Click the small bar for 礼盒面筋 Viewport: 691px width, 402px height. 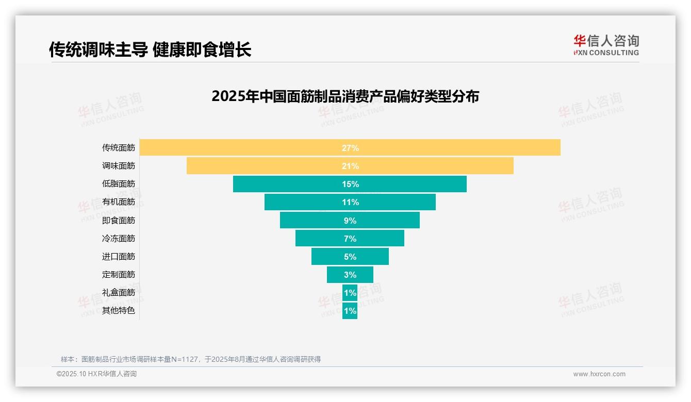click(350, 293)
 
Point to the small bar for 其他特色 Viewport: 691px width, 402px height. click(350, 311)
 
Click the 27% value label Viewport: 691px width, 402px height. click(350, 148)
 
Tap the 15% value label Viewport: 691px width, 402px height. click(350, 184)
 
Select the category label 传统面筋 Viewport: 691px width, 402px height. click(119, 148)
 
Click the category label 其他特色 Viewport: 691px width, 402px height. click(119, 311)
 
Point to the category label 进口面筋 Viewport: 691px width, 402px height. click(119, 257)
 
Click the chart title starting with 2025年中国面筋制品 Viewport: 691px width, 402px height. click(345, 96)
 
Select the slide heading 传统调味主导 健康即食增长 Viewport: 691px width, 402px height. click(150, 49)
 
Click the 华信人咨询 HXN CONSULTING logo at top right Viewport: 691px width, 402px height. click(606, 45)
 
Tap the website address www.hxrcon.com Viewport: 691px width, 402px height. click(599, 374)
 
